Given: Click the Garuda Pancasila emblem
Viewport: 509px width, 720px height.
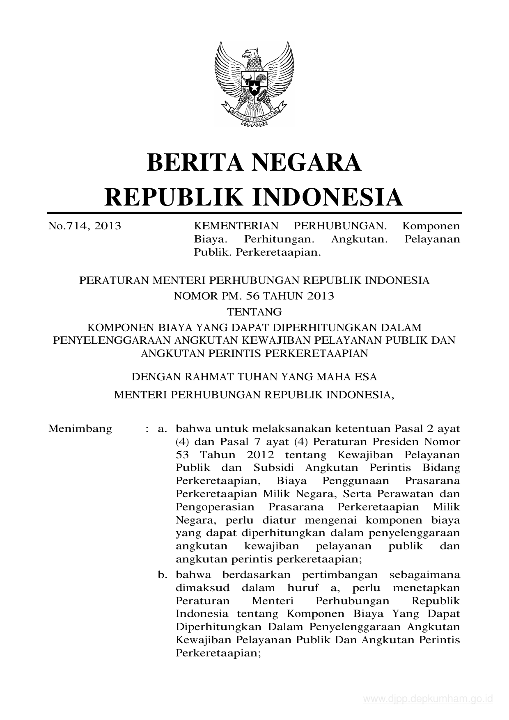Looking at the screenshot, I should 254,84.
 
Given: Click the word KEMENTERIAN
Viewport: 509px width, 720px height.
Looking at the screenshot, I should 236,226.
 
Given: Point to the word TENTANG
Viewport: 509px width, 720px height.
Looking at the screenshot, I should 254,312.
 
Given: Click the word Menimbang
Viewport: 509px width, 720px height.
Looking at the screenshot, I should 80,429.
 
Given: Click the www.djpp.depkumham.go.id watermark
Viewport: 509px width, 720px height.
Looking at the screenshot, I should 428,699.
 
